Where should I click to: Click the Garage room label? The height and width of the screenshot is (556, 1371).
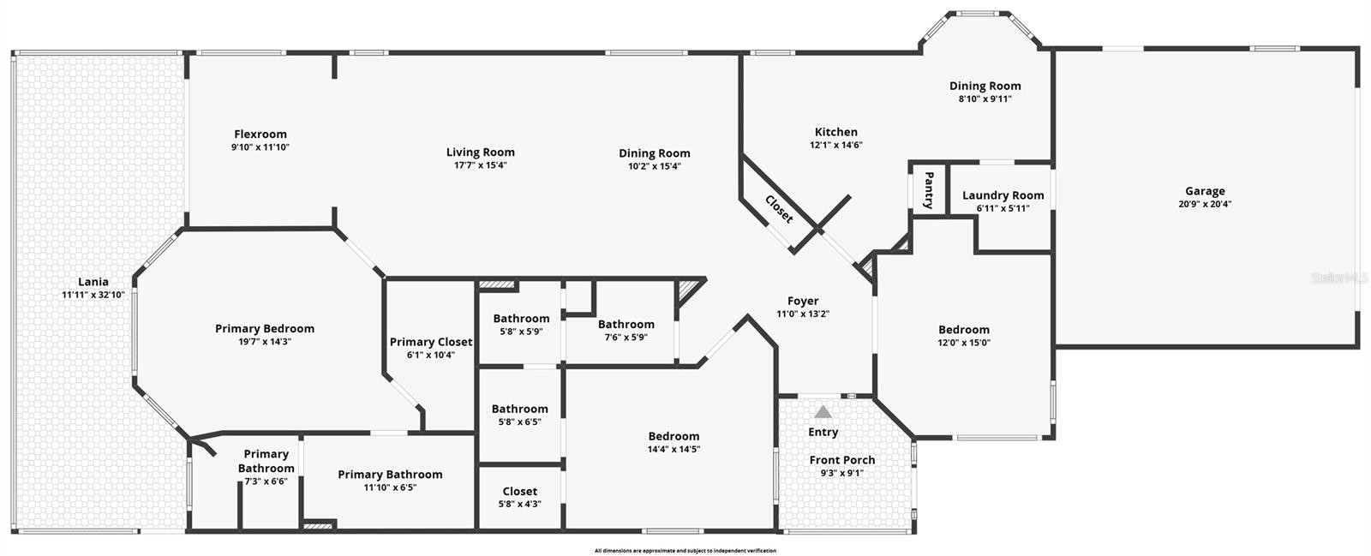click(x=1205, y=191)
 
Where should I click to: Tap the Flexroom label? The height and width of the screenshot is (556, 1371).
click(x=260, y=134)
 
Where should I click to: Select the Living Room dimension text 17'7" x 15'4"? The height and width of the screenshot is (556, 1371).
click(x=480, y=165)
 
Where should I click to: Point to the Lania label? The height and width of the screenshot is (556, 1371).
click(x=93, y=281)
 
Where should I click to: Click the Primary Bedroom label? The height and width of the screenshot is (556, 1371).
click(x=265, y=328)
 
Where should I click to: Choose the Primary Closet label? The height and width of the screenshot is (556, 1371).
click(x=431, y=342)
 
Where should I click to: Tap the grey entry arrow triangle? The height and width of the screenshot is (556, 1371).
click(x=823, y=411)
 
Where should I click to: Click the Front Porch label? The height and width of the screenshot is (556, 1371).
click(x=842, y=460)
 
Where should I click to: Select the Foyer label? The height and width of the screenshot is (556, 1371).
click(x=802, y=301)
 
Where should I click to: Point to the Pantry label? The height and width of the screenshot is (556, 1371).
click(x=929, y=189)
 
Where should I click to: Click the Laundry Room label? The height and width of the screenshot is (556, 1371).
click(x=1003, y=195)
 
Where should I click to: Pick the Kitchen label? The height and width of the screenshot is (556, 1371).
click(x=836, y=132)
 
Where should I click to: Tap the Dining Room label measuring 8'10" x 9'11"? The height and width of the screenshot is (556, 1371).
click(x=985, y=86)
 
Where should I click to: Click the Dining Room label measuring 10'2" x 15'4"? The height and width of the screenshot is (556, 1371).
click(x=655, y=152)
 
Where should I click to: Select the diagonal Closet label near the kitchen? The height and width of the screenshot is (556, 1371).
click(x=779, y=209)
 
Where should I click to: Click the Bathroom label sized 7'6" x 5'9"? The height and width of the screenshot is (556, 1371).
click(x=626, y=324)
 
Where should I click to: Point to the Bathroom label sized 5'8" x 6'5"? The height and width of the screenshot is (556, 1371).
click(x=519, y=409)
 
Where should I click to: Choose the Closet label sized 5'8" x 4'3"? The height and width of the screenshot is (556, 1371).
click(x=519, y=491)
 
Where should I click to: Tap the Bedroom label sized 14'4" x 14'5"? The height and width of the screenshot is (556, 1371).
click(x=674, y=436)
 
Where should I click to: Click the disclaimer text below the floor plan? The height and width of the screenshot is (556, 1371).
click(x=685, y=551)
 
